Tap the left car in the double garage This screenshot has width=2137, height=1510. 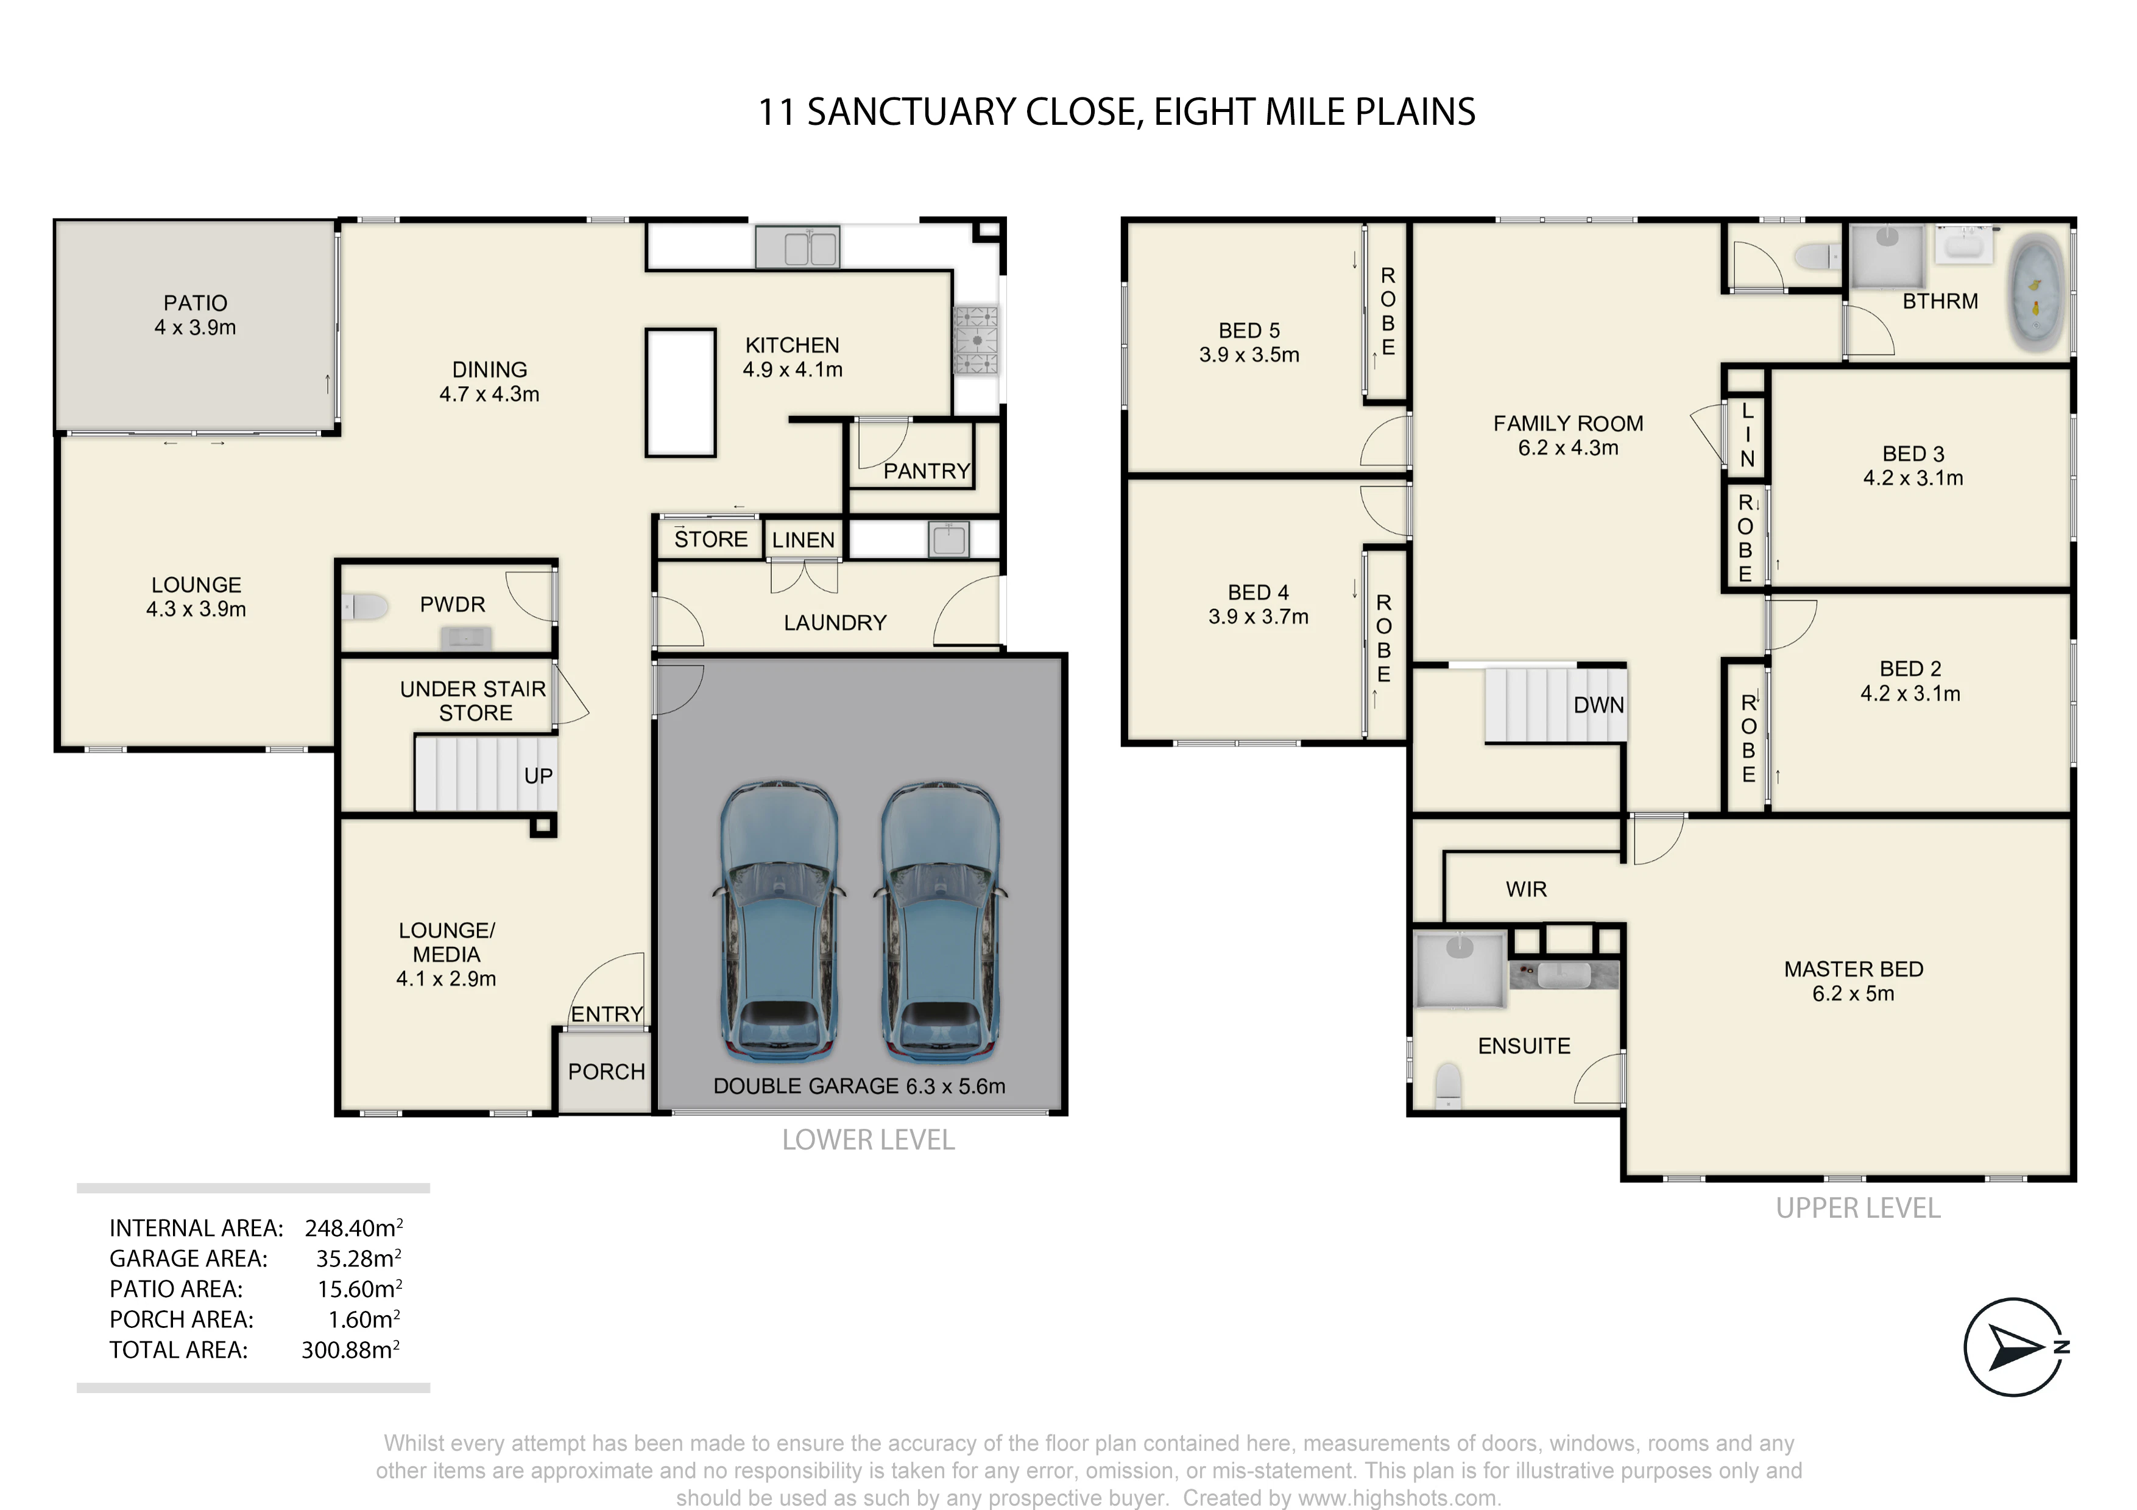(x=780, y=921)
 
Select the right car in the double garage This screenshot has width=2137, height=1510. (x=940, y=921)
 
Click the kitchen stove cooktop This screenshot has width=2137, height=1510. (x=975, y=340)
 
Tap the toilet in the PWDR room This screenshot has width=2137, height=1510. (x=365, y=608)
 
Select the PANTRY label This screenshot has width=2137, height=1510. (x=926, y=472)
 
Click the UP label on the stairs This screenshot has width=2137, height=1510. (x=538, y=776)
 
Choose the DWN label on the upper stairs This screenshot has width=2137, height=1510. (x=1598, y=705)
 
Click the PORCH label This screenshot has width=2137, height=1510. (x=606, y=1072)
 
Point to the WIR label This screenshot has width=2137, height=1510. (x=1527, y=890)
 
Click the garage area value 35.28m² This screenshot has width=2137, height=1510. (x=358, y=1259)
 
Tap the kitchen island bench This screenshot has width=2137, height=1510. (x=680, y=393)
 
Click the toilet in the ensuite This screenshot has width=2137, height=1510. (x=1448, y=1086)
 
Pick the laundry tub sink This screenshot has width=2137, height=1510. (x=948, y=539)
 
